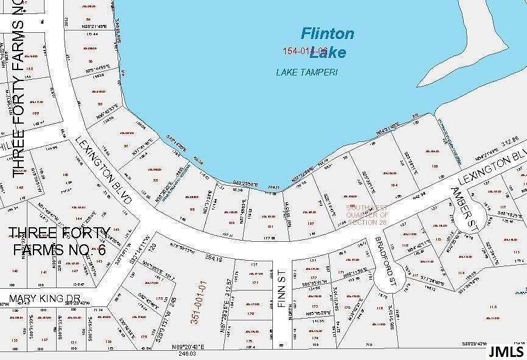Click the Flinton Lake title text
point(328,42)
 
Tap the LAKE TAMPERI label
point(306,72)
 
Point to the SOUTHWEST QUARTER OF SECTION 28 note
point(367,214)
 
